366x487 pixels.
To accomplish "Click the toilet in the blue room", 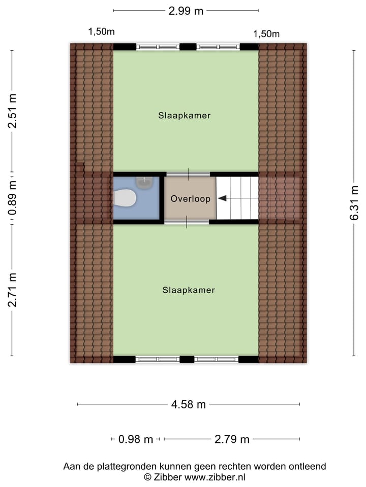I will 125,198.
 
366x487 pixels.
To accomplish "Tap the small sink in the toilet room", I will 145,180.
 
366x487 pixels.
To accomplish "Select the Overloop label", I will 191,199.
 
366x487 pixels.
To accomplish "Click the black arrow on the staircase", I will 223,198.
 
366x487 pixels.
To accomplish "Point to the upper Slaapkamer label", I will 184,116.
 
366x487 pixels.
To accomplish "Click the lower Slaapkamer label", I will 189,290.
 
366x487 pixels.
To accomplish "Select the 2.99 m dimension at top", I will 186,11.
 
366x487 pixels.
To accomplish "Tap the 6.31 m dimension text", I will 354,202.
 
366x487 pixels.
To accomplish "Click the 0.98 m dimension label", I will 135,439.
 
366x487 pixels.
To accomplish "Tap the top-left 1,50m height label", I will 102,31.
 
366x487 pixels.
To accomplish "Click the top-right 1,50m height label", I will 267,34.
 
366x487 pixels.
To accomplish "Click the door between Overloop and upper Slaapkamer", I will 188,174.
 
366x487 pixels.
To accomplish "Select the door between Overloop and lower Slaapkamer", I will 187,222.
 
